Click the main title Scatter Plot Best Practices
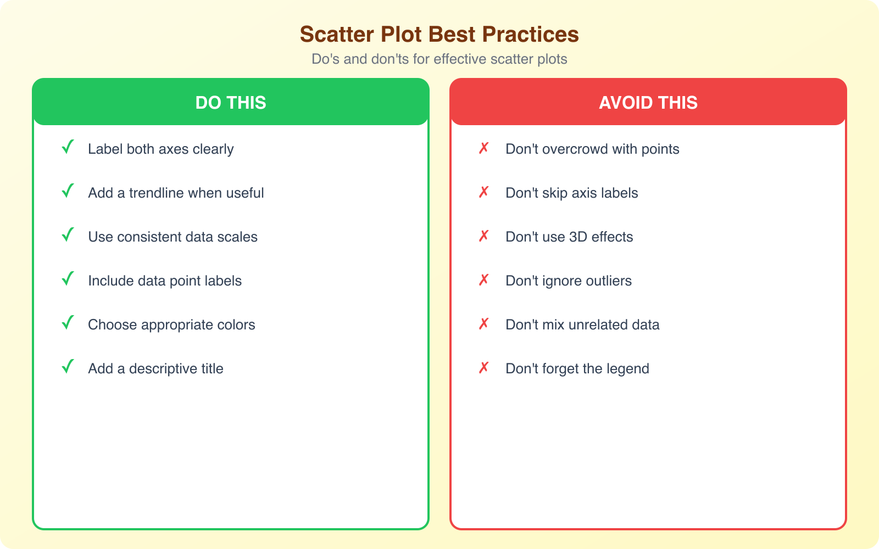439,34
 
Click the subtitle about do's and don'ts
439,59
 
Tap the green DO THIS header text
231,103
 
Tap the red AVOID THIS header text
648,103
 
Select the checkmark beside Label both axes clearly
68,148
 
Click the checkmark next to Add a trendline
68,192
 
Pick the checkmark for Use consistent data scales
68,236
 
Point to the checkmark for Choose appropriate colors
68,323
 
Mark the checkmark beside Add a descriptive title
68,367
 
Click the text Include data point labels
165,281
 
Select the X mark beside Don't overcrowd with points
483,148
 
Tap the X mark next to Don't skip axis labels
483,192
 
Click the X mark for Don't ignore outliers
483,280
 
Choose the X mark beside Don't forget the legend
483,368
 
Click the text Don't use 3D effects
569,237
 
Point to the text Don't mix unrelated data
582,324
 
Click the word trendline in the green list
156,193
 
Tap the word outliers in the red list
609,281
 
